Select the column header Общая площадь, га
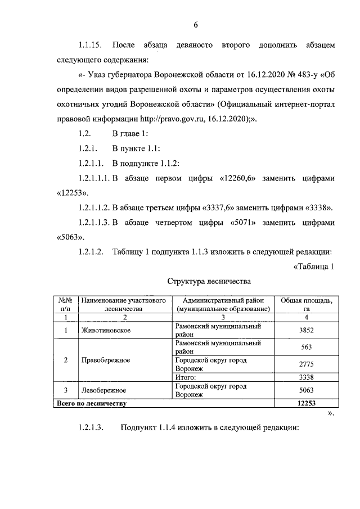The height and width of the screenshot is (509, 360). [x=307, y=304]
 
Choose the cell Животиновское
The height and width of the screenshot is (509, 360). [x=106, y=330]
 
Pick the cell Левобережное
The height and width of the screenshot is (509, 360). [x=103, y=390]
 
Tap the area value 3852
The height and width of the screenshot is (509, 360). [x=307, y=330]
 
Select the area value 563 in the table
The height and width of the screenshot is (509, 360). [x=307, y=347]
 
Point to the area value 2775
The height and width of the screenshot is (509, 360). [x=307, y=363]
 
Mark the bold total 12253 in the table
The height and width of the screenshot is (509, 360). [x=307, y=403]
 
